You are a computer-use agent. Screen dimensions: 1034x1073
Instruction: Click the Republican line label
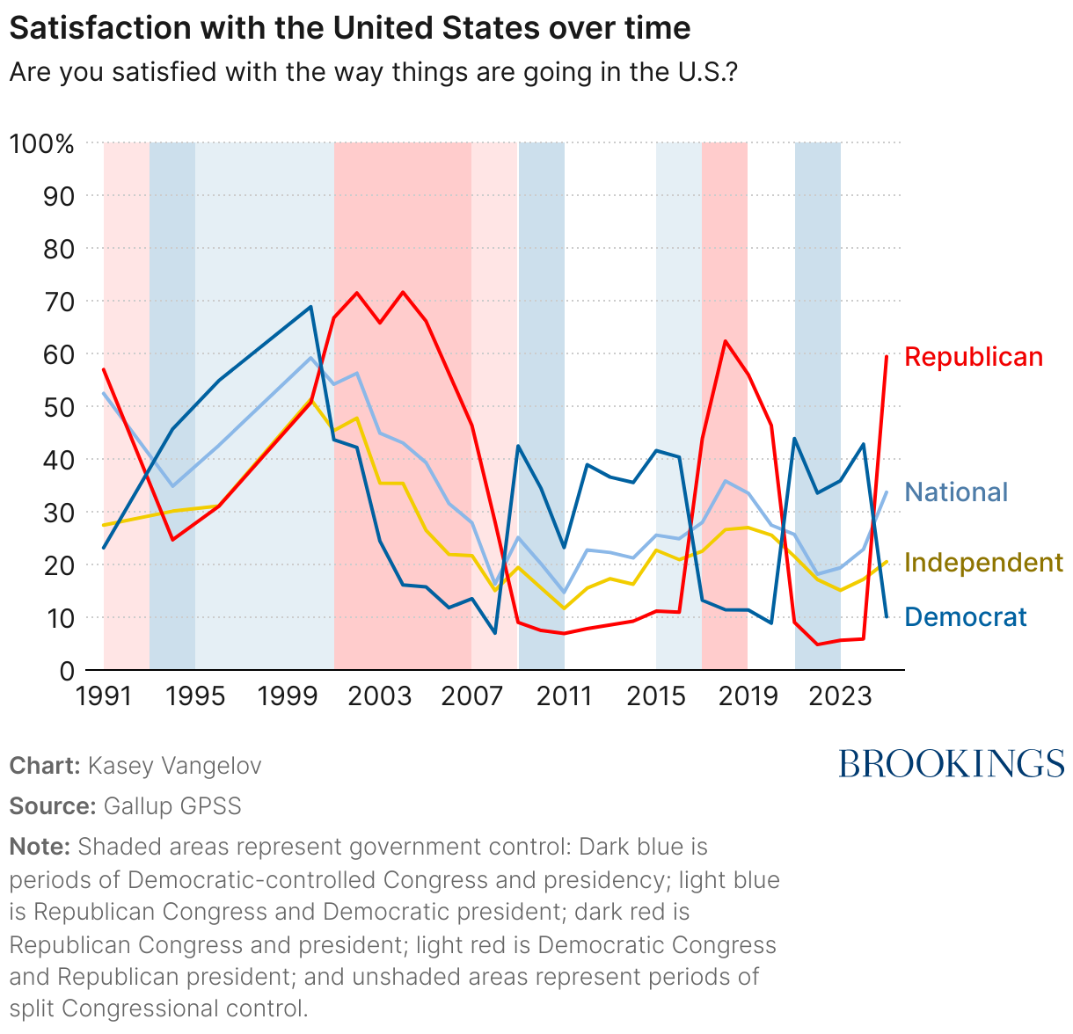pos(973,357)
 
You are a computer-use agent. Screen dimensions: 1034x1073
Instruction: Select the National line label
pos(956,492)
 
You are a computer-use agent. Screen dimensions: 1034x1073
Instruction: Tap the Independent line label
pos(983,563)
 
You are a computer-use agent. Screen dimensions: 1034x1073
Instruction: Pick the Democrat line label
pos(965,617)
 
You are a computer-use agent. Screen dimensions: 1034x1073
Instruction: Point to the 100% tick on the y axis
pos(41,143)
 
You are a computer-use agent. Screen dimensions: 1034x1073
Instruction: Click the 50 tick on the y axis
pos(58,407)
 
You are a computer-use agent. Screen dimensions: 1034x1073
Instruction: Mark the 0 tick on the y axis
pos(66,671)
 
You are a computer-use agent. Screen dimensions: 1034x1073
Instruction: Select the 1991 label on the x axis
pos(104,696)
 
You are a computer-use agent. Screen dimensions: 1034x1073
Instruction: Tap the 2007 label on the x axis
pos(471,696)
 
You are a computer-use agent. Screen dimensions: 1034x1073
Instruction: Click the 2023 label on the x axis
pos(839,696)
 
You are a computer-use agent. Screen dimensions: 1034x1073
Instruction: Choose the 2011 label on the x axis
pos(563,696)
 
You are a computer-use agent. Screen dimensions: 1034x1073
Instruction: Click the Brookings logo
pos(951,763)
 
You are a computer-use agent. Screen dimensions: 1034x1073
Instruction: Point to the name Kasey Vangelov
pos(174,766)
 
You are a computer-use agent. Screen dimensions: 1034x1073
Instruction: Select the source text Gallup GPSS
pos(172,806)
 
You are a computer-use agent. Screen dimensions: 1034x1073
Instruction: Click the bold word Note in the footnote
pos(40,847)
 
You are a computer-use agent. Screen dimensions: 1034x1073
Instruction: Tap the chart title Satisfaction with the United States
pos(349,28)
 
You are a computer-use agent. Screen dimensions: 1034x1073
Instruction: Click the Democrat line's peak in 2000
pos(311,307)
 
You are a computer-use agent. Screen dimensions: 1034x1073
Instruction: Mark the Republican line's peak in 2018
pos(725,341)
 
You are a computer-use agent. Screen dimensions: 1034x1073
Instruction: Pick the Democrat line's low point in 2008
pos(495,633)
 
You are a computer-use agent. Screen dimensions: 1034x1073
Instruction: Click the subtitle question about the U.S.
pos(373,72)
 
